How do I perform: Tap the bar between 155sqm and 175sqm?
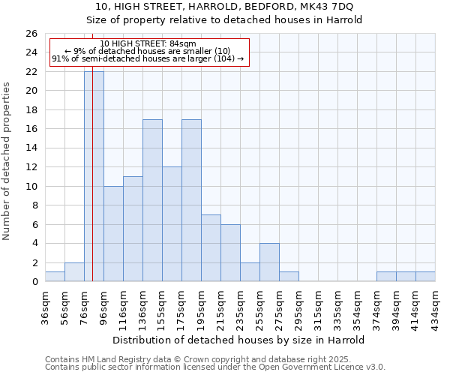pos(172,224)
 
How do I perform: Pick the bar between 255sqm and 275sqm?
pos(269,262)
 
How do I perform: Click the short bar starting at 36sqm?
pos(55,277)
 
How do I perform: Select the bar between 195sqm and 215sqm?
pos(211,248)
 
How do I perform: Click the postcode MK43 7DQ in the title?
pos(316,7)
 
